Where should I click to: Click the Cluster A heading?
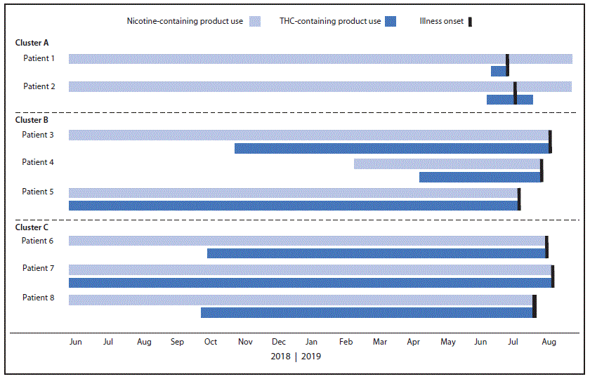(x=32, y=43)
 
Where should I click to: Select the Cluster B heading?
(x=32, y=120)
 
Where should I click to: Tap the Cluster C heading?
(x=32, y=227)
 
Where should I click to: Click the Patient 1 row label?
(x=39, y=58)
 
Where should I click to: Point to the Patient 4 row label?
(x=39, y=162)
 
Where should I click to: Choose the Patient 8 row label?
(x=39, y=299)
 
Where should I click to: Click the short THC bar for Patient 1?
(x=498, y=71)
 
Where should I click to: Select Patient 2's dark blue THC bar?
(x=509, y=100)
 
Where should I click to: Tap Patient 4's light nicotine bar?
(x=447, y=164)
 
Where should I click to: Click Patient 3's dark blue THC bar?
(x=391, y=148)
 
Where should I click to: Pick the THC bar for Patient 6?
(x=376, y=253)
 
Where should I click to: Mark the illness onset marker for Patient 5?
(x=519, y=199)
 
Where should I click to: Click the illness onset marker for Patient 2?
(x=515, y=93)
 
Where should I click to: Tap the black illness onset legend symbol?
(x=470, y=21)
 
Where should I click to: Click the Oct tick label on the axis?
(x=210, y=342)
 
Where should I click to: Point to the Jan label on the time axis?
(x=311, y=342)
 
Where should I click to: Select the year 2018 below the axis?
(x=281, y=356)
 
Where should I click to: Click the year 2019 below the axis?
(x=311, y=356)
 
